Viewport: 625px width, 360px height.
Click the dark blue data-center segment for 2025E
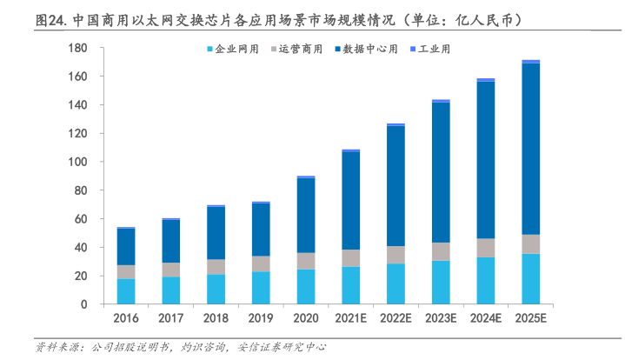tap(531, 149)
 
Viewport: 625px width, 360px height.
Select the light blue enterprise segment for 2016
tap(125, 291)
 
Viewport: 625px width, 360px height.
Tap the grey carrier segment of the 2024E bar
tap(486, 248)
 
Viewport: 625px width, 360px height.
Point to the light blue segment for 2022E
tap(396, 283)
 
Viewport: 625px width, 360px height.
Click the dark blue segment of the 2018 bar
tap(216, 232)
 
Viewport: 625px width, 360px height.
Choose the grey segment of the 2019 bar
tap(261, 263)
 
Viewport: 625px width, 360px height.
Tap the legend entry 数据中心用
tap(369, 50)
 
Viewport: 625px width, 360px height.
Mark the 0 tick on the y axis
tap(83, 304)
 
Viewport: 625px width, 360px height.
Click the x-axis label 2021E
tap(350, 318)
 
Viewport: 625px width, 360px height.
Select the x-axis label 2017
tap(170, 318)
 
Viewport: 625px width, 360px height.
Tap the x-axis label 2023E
tap(441, 318)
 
